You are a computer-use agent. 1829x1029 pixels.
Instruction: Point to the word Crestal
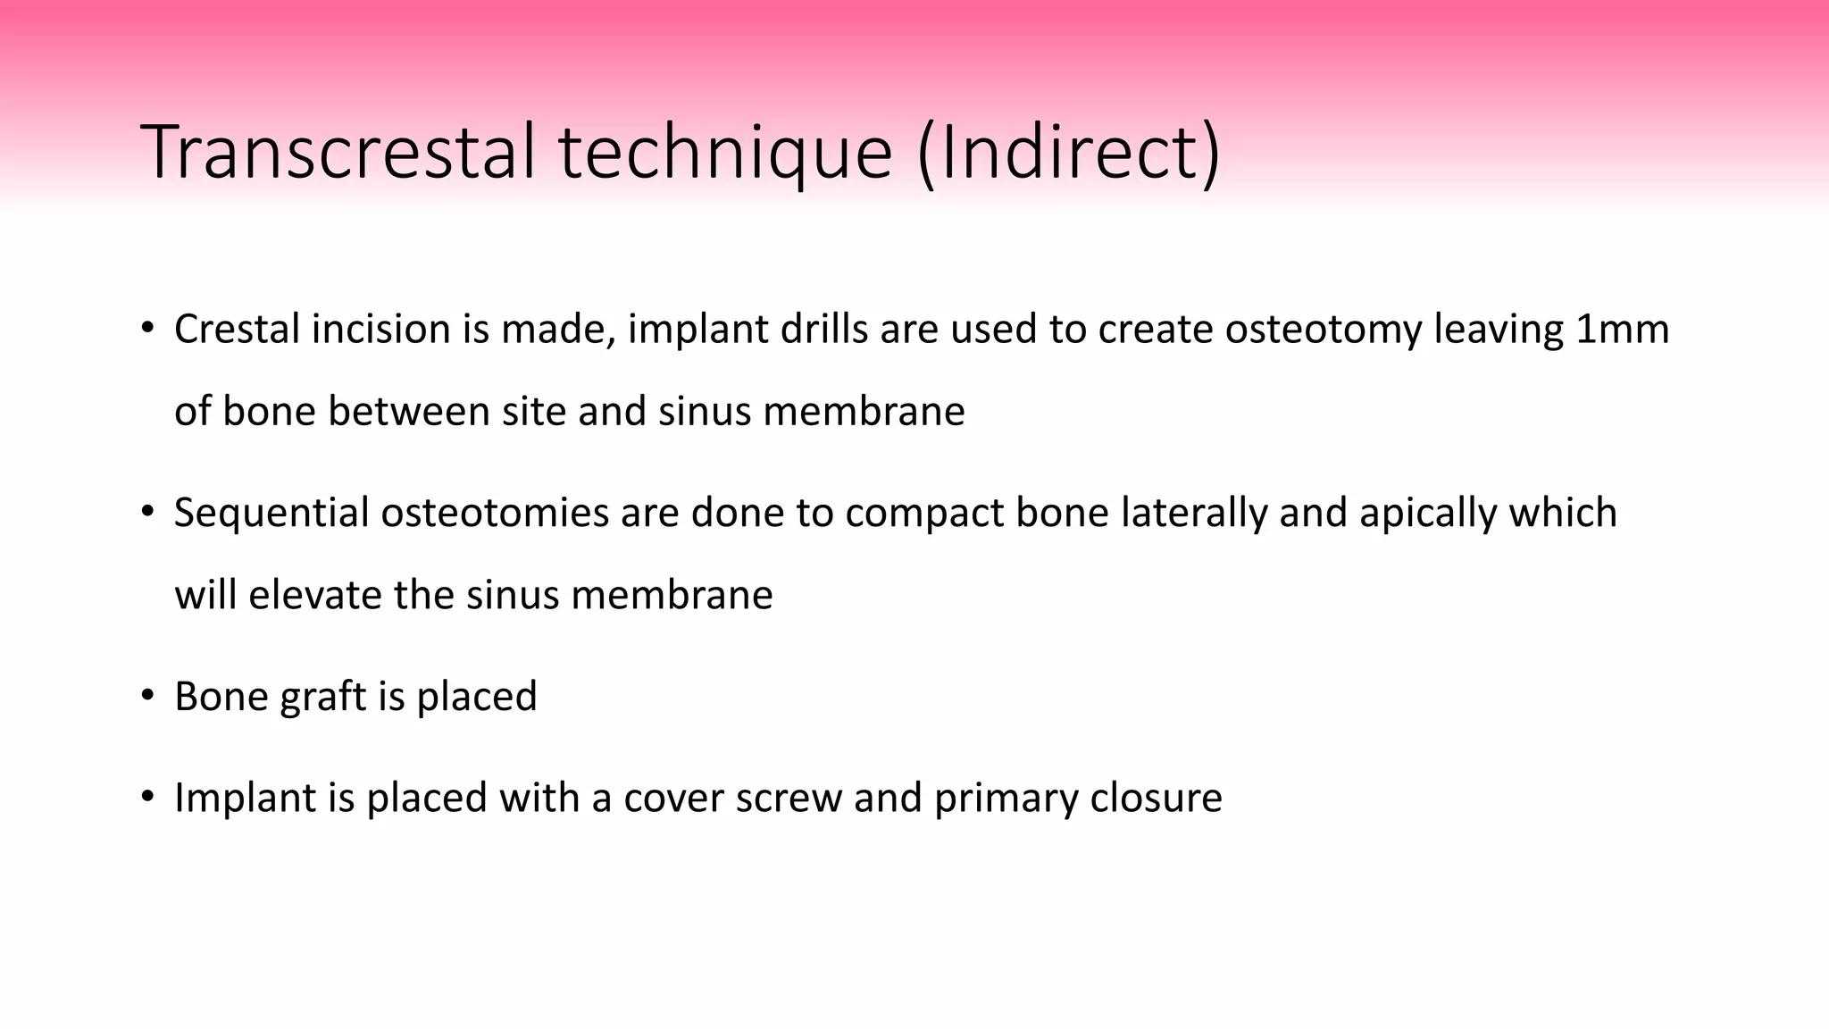coord(237,330)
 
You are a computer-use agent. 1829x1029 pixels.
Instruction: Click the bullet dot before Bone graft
coord(147,696)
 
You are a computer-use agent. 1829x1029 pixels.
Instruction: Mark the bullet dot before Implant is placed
coord(147,797)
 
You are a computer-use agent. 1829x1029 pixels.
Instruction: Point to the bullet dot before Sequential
coord(147,513)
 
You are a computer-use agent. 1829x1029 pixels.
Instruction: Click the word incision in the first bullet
coord(380,330)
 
